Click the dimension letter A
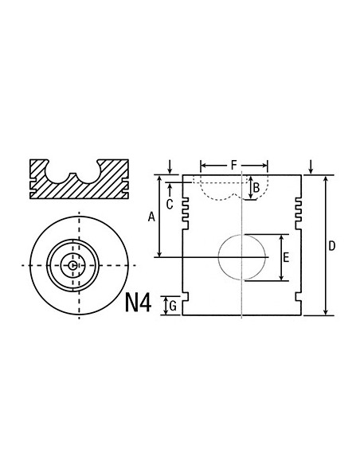coord(151,216)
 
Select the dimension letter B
coord(256,189)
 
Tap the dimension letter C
coord(170,204)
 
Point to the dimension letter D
coord(331,246)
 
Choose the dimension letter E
coord(286,257)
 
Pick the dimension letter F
coord(233,165)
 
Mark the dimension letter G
coord(173,305)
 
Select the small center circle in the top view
coord(73,265)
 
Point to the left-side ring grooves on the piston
coord(186,209)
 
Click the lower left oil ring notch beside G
coord(186,298)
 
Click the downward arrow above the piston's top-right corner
coord(311,167)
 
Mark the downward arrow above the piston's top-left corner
coord(171,167)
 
